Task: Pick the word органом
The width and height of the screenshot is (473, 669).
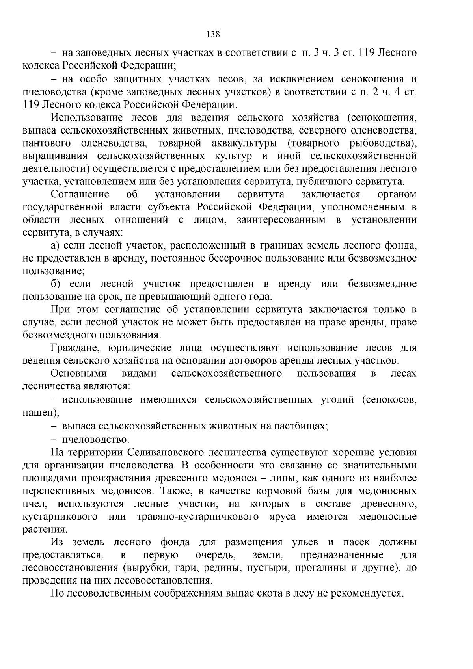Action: (397, 195)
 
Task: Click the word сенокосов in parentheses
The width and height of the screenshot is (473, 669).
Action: (388, 400)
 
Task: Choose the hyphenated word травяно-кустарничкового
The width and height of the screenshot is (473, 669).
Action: (198, 517)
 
